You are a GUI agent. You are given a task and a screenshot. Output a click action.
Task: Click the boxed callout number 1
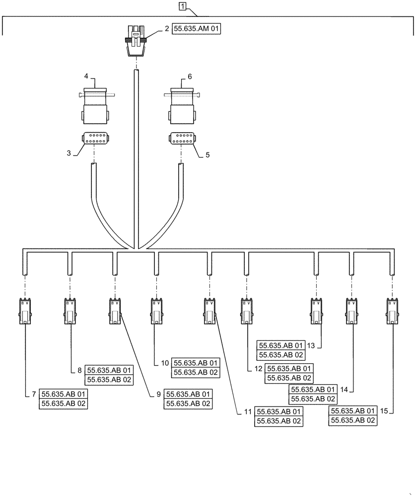click(x=183, y=7)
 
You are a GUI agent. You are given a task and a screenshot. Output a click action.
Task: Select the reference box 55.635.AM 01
click(x=196, y=29)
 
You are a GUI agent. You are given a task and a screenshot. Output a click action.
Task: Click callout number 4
click(x=86, y=77)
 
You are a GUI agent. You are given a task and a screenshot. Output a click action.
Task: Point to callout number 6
click(x=189, y=77)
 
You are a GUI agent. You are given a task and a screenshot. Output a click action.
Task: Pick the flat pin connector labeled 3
click(x=94, y=138)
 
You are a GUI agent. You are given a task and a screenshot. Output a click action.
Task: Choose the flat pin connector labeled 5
click(x=181, y=138)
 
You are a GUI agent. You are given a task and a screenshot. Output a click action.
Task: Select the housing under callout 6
click(x=181, y=108)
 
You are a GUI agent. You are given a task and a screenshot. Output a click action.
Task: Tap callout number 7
click(x=34, y=394)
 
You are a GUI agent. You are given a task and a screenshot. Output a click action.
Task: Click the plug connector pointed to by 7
click(x=25, y=312)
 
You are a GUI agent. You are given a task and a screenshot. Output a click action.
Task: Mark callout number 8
click(x=79, y=370)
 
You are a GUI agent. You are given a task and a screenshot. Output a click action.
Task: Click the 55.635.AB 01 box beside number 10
click(x=195, y=363)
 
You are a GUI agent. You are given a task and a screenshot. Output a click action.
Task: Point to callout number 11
click(x=247, y=412)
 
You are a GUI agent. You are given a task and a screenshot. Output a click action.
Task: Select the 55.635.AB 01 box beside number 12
click(x=289, y=368)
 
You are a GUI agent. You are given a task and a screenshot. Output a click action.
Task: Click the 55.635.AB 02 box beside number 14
click(x=313, y=399)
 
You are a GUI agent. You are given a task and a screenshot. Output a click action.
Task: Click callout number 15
click(x=384, y=411)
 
